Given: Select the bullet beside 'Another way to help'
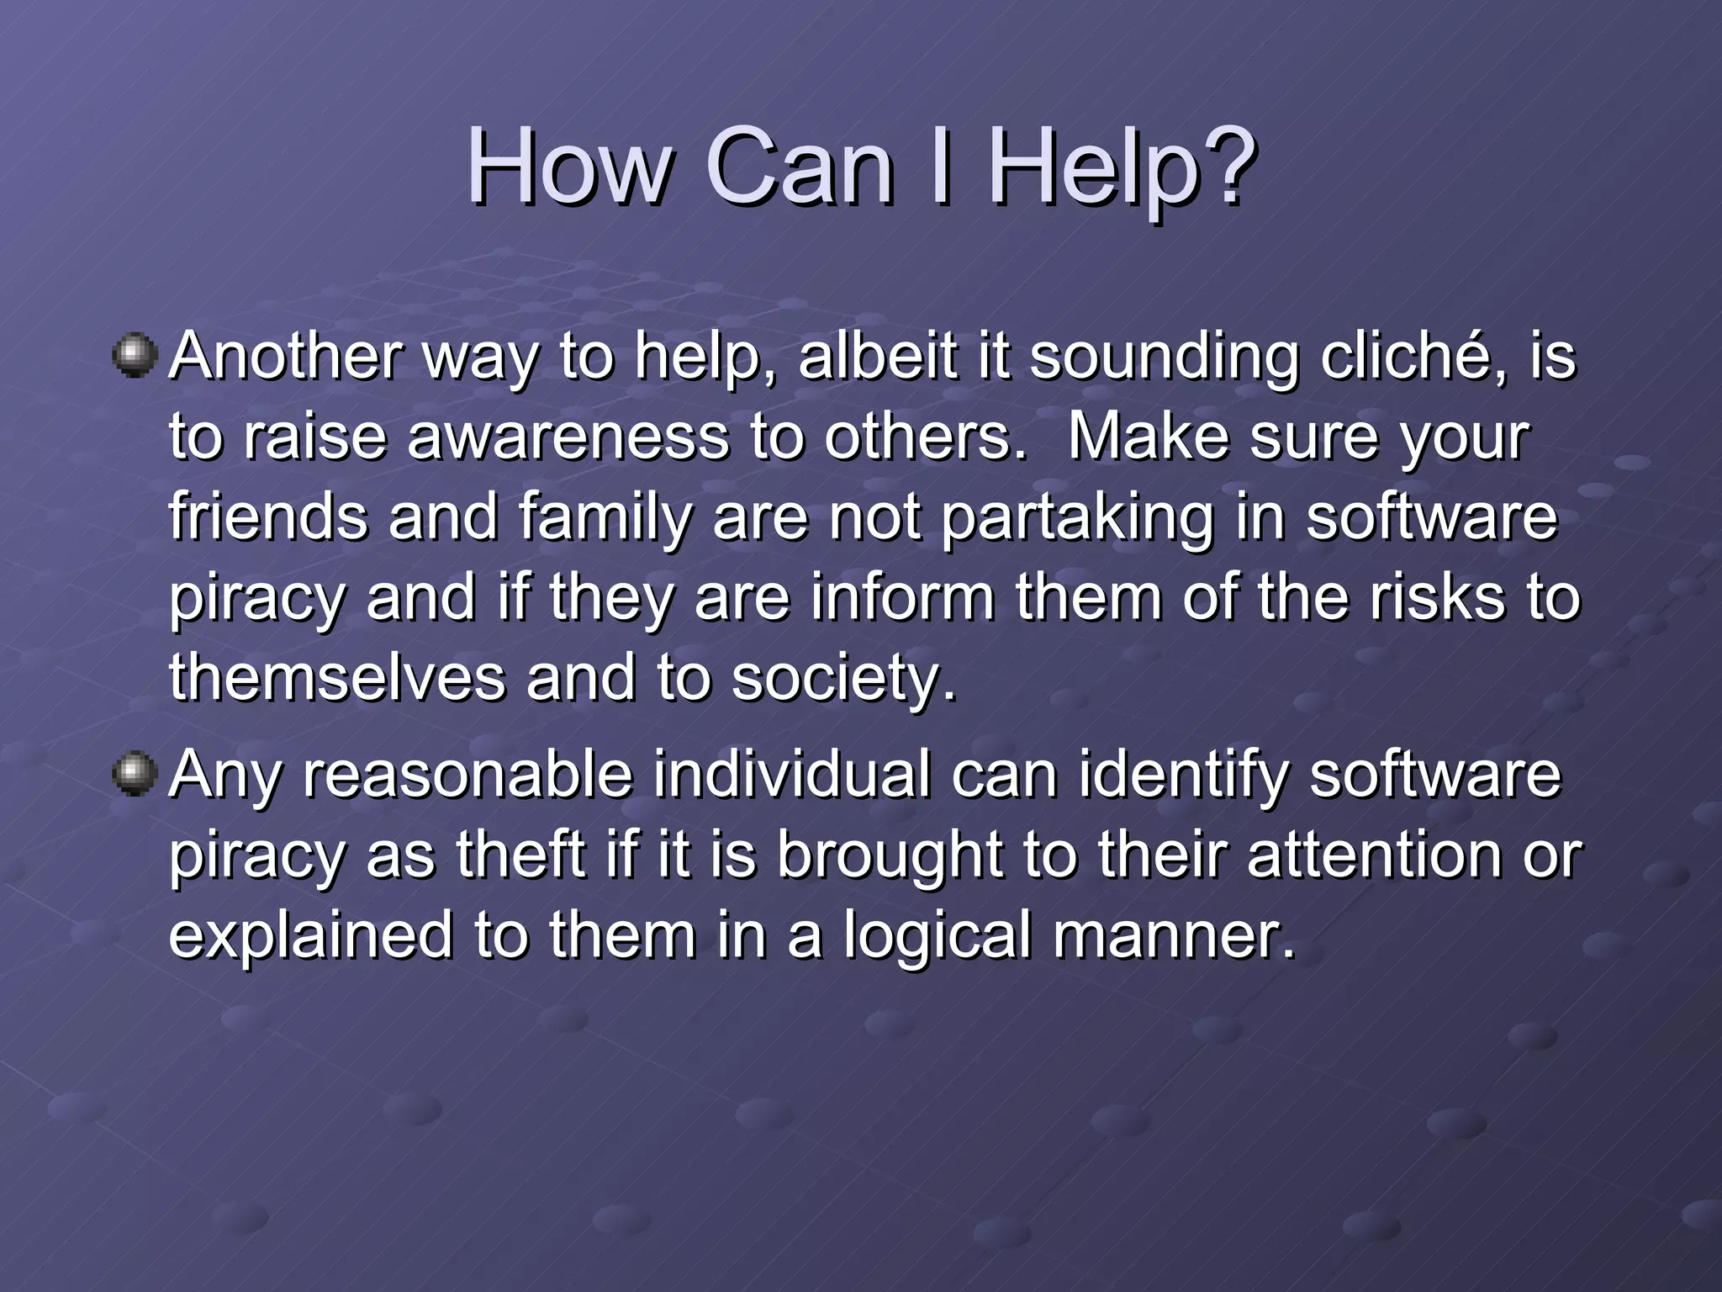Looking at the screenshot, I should [x=135, y=355].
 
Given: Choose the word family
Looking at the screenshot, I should [x=605, y=516].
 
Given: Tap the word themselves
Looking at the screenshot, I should [x=337, y=677].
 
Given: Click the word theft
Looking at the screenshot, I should [x=520, y=854].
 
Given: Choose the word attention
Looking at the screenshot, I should [x=1372, y=854].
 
